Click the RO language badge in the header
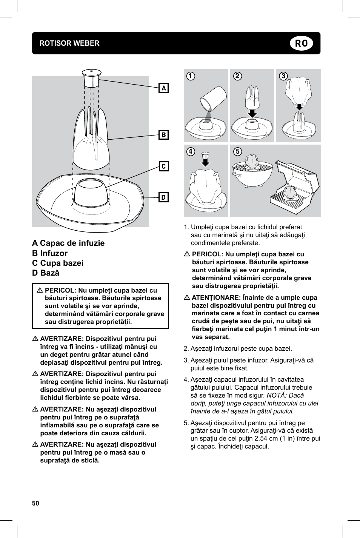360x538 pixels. click(301, 43)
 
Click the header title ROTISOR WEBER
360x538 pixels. click(69, 43)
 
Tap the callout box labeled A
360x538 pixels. click(164, 88)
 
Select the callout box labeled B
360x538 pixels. click(164, 135)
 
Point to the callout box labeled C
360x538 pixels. click(164, 166)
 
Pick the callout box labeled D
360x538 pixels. click(164, 197)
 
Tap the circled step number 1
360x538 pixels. click(191, 76)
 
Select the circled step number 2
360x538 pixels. click(237, 76)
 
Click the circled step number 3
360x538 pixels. click(283, 76)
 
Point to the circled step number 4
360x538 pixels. click(191, 152)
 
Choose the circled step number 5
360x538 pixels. click(237, 152)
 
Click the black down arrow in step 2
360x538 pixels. click(252, 113)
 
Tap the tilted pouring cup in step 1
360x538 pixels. click(213, 99)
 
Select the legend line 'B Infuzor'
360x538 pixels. click(50, 253)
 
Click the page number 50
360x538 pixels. click(35, 503)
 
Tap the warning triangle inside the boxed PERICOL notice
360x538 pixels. click(40, 291)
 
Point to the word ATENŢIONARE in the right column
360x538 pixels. click(216, 298)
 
